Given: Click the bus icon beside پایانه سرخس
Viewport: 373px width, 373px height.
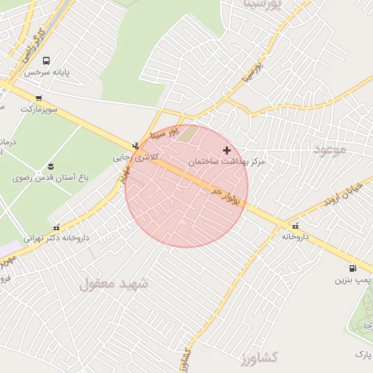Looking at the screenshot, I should point(47,61).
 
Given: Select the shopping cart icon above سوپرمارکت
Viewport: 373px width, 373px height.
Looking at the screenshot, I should point(38,97).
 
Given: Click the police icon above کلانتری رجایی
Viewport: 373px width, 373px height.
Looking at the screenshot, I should point(136,144).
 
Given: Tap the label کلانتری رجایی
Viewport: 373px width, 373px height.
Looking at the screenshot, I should point(131,157).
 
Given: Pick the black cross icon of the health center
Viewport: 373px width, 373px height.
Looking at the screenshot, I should point(227,149).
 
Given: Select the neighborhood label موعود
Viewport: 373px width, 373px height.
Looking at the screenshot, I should point(329,149).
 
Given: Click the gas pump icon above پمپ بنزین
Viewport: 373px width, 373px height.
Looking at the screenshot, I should point(353,267).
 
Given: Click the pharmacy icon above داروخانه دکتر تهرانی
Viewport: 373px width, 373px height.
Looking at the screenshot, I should point(57,226).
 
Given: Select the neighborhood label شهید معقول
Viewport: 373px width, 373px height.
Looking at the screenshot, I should point(114,283).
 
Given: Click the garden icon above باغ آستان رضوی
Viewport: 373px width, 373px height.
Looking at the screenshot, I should point(50,166).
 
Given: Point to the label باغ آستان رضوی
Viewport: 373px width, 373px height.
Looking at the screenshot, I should point(50,178).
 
